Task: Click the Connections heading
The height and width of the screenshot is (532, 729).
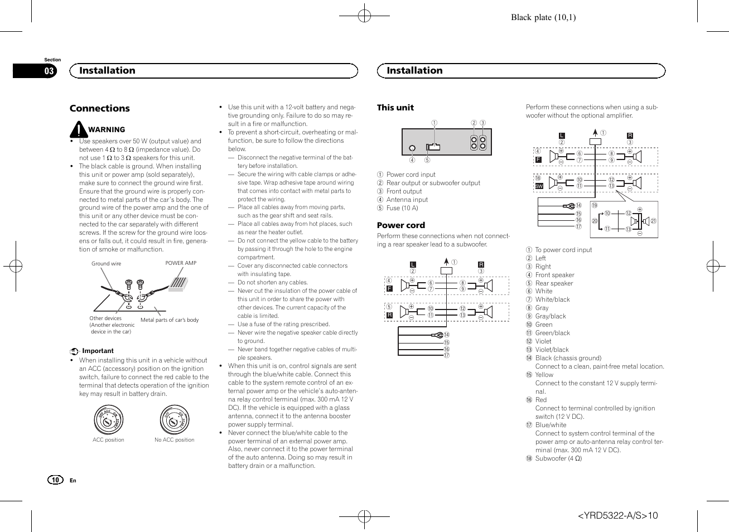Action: coord(99,108)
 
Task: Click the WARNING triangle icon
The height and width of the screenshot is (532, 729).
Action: coord(79,130)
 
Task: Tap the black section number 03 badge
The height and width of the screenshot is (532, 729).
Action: coord(49,71)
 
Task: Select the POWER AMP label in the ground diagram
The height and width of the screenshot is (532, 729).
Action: coord(181,263)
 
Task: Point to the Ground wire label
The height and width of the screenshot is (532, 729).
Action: coord(106,264)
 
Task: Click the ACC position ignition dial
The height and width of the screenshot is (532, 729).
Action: coord(108,420)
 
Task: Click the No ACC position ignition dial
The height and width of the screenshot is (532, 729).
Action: coord(174,420)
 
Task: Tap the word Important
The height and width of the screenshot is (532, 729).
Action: coord(98,351)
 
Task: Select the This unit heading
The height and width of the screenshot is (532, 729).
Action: coord(395,108)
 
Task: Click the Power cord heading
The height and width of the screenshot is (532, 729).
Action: coord(400,225)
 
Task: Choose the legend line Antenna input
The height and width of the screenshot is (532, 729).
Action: coord(407,200)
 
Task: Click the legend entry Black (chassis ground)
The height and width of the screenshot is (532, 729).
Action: coord(568,358)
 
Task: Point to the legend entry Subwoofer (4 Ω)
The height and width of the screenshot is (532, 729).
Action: coord(558,458)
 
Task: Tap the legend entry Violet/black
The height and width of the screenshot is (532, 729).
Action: coord(552,350)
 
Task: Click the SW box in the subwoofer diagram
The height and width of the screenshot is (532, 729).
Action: coord(539,186)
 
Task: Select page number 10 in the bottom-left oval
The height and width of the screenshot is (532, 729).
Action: coord(55,480)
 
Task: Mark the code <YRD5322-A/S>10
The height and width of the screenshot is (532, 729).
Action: coord(617,515)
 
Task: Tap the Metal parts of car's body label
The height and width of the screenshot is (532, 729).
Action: coord(170,320)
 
